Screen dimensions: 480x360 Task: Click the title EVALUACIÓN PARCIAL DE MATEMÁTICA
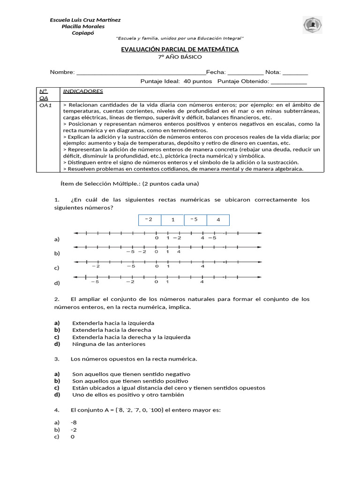[180, 49]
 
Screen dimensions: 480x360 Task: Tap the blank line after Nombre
[141, 73]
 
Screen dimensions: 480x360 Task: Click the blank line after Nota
[295, 73]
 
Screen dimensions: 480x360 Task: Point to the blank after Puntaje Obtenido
[289, 82]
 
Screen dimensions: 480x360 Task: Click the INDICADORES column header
[83, 91]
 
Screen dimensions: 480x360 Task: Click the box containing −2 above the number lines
[150, 220]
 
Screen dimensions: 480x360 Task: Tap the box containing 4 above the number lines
[218, 220]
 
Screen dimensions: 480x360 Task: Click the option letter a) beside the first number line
[57, 239]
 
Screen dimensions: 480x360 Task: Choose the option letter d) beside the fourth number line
[57, 283]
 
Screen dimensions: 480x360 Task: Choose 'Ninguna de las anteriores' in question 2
[109, 344]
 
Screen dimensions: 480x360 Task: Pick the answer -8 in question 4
[74, 422]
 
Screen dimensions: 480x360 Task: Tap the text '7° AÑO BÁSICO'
[180, 57]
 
